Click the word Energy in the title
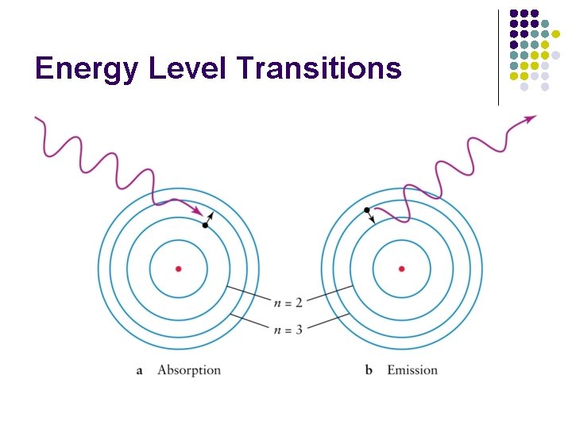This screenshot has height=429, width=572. coord(85,69)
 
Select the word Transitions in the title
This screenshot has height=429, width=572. coord(319,69)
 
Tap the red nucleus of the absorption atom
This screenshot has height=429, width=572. coord(178,269)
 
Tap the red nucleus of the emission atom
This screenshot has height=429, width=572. coord(401,269)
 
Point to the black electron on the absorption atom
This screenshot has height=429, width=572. coord(205,226)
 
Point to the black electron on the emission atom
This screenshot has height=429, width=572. coord(366,210)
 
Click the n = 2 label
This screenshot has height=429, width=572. coord(287,303)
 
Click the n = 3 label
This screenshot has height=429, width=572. coord(287,329)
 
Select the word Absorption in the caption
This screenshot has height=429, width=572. coord(189,370)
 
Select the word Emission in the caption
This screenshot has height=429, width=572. coord(412,370)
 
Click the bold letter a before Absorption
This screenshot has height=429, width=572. coord(139,371)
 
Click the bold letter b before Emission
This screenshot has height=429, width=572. coord(369,370)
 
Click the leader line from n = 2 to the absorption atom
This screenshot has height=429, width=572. coord(249,292)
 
